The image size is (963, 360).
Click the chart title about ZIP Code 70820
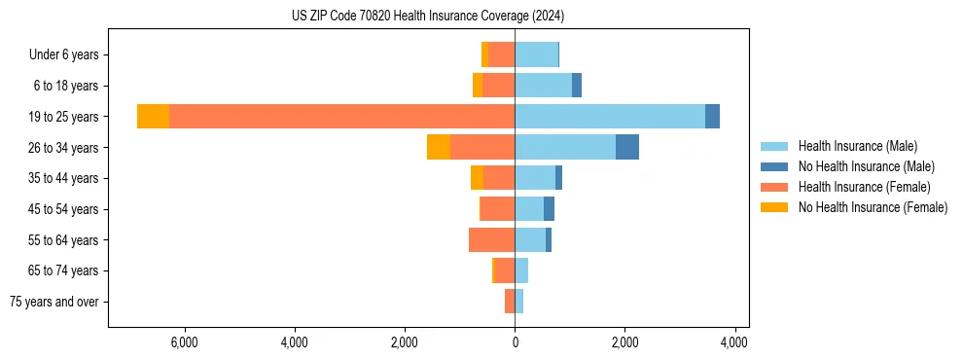click(428, 17)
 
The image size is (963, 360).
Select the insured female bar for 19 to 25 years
click(341, 117)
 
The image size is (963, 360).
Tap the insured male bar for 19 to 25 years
click(610, 117)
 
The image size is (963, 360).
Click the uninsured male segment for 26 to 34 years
click(627, 147)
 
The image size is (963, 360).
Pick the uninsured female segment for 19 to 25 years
click(153, 117)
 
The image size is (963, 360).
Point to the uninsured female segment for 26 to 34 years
click(438, 147)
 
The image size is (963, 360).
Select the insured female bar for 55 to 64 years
click(491, 239)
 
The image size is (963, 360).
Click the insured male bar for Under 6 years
click(536, 54)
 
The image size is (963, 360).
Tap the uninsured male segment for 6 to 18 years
click(577, 86)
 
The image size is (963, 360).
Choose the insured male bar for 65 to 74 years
click(521, 270)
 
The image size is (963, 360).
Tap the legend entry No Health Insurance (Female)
click(873, 207)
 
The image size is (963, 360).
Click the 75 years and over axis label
click(54, 302)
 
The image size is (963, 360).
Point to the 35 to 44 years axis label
click(64, 178)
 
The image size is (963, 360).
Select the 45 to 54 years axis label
click(64, 209)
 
